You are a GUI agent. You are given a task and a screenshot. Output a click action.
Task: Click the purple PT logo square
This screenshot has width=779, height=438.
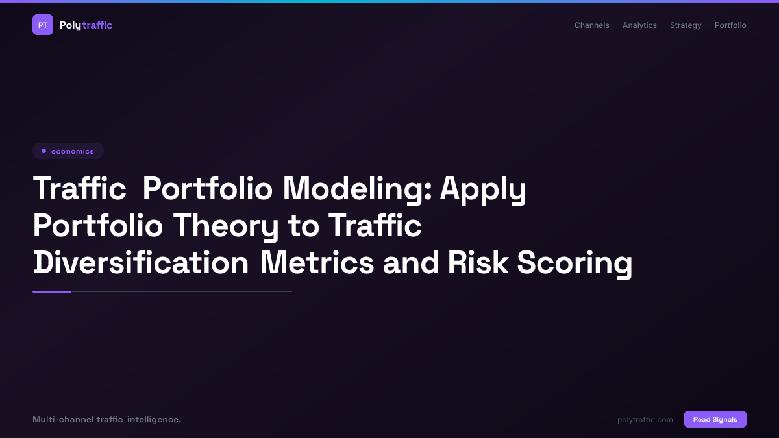coord(43,25)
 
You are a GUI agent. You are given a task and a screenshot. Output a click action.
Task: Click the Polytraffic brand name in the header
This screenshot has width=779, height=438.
coord(86,25)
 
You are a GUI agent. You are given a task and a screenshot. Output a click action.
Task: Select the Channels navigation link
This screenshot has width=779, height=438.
coord(591,25)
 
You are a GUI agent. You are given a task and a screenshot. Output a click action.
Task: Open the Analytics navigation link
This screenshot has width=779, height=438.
coord(639,25)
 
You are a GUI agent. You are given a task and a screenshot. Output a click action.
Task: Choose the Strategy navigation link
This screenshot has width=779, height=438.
coord(686,25)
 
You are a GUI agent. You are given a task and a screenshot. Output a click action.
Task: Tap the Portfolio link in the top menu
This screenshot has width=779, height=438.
coord(730,25)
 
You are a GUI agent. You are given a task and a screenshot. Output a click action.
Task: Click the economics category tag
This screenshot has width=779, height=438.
coord(68,151)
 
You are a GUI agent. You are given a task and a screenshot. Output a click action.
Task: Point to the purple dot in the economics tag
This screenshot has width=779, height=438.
coord(43,151)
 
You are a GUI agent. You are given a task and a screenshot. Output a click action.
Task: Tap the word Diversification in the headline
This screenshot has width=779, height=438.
coord(141,263)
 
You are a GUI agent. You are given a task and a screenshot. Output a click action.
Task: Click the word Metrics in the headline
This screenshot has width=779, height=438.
coord(317,263)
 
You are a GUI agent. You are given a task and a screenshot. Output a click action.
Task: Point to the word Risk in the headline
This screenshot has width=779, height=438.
coord(478,263)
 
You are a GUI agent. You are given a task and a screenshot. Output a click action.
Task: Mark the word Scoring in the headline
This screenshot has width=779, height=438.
coord(575,263)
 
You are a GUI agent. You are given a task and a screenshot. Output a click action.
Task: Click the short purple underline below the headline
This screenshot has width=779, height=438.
coord(52,291)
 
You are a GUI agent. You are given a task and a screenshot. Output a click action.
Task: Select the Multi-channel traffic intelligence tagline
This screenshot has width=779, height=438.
coord(106,419)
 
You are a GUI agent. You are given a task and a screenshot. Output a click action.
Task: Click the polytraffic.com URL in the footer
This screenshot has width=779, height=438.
coord(645,420)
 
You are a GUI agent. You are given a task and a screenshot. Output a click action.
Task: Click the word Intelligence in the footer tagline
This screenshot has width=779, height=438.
coord(154,419)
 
